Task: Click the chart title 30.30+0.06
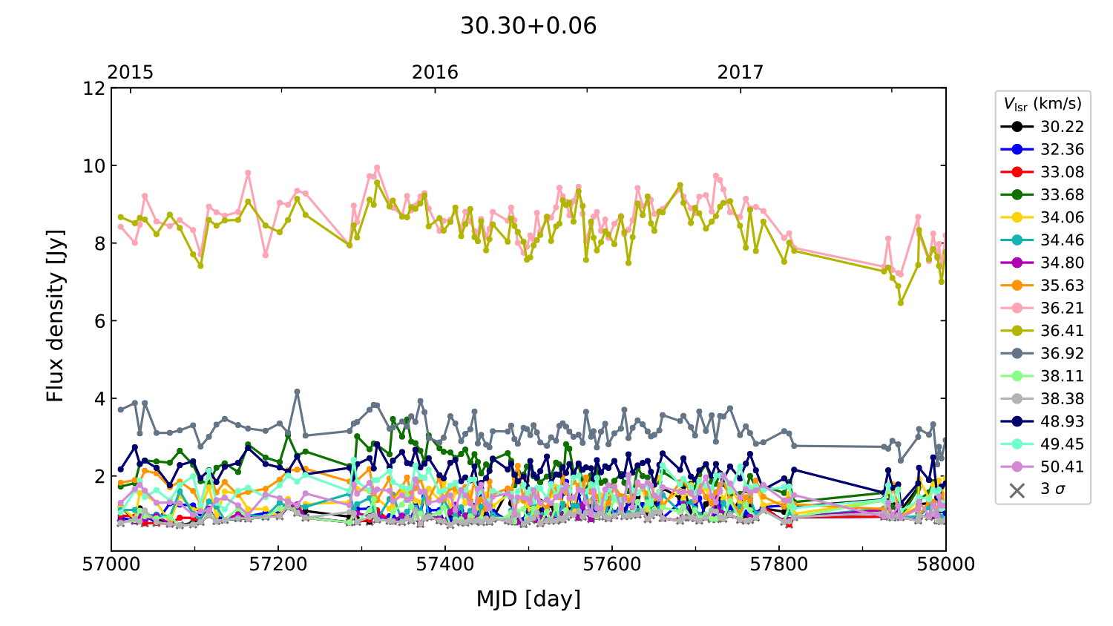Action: tap(528, 26)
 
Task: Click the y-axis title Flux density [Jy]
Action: tap(56, 316)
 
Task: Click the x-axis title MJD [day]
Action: tap(528, 599)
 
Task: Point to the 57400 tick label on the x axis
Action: tap(445, 564)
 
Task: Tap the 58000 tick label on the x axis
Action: tap(945, 564)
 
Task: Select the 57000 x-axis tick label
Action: tap(111, 564)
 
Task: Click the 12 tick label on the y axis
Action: tap(94, 88)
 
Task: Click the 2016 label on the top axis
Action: tap(435, 72)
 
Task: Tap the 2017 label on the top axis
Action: tap(740, 72)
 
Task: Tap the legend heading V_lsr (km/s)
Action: tap(1043, 104)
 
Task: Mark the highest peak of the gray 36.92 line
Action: tap(298, 391)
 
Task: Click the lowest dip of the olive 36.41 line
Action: tap(901, 303)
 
